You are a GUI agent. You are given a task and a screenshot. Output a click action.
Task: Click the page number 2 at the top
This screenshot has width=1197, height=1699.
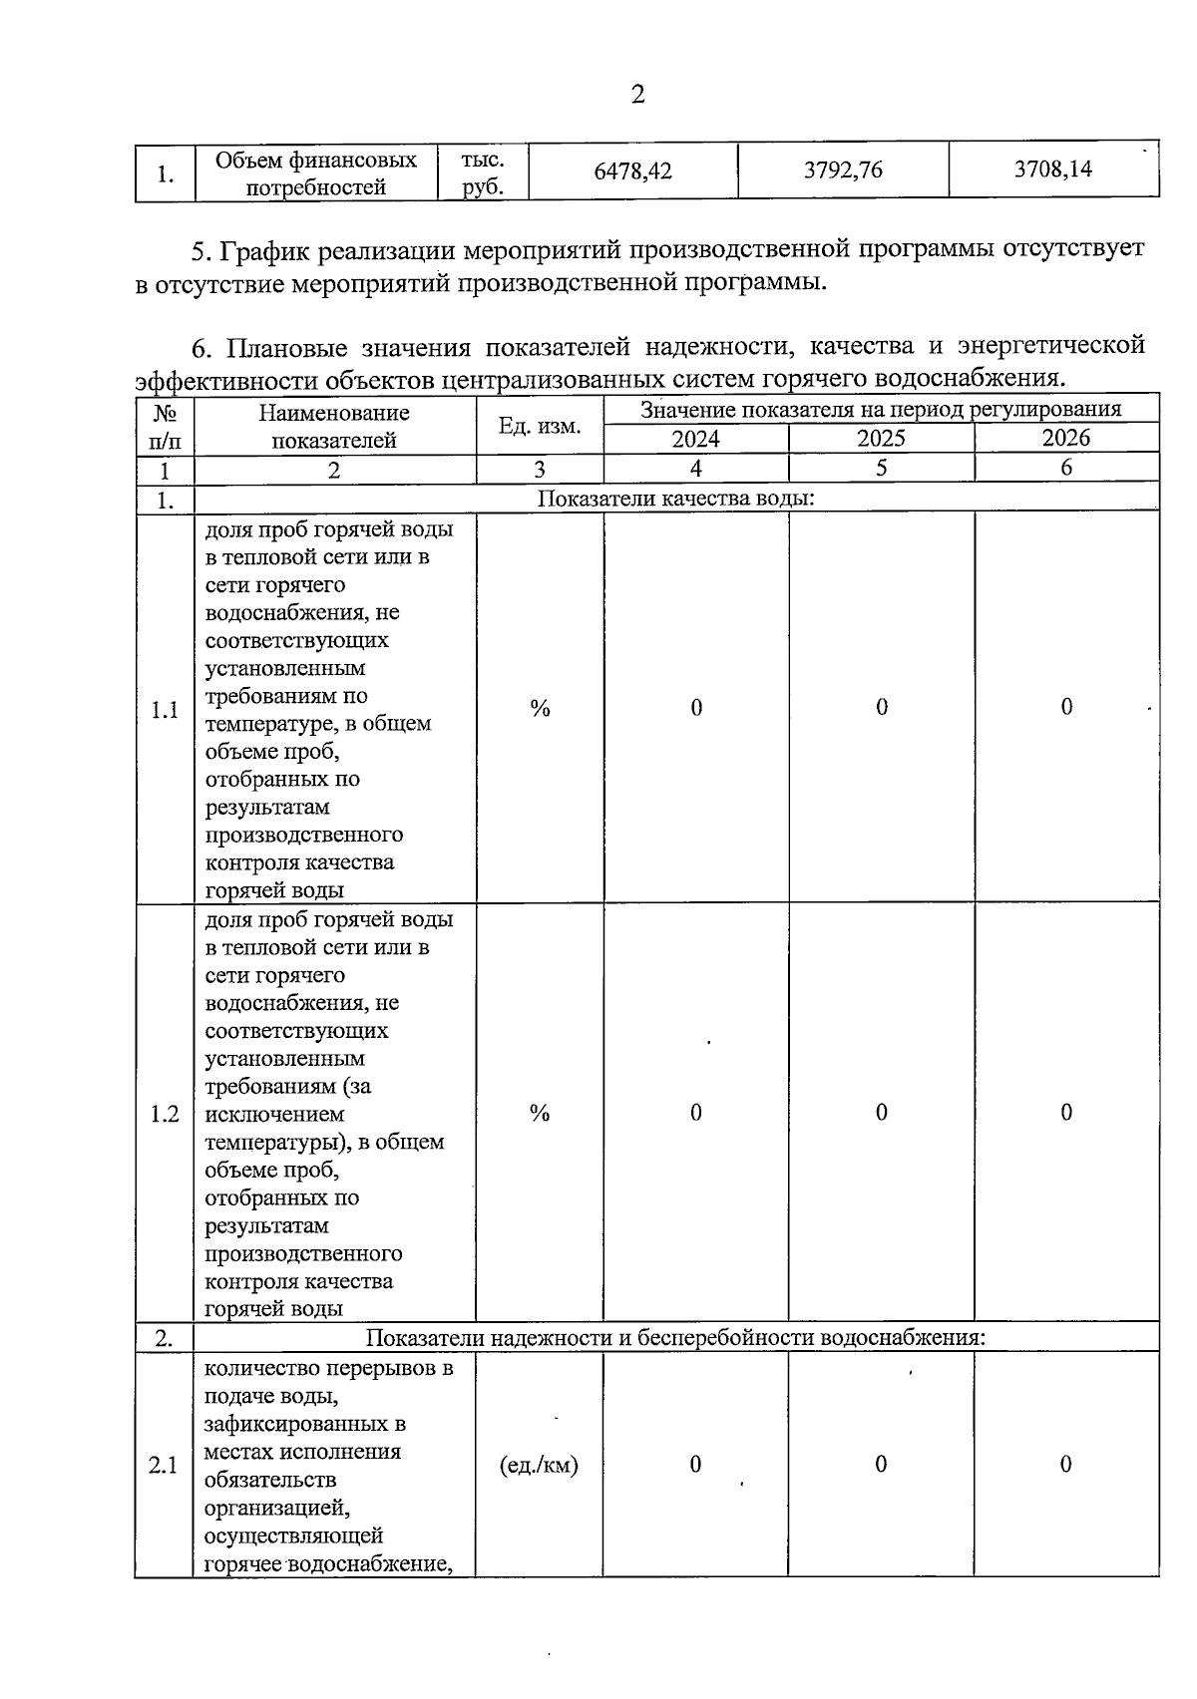click(x=637, y=95)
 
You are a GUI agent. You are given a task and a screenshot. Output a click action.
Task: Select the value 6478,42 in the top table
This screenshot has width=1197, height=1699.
click(x=632, y=170)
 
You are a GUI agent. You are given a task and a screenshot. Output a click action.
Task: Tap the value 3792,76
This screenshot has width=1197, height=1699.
click(x=843, y=170)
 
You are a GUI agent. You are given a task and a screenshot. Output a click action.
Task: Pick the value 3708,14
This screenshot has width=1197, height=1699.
click(x=1052, y=170)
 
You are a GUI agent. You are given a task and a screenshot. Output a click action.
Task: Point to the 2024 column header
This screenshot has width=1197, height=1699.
click(x=695, y=439)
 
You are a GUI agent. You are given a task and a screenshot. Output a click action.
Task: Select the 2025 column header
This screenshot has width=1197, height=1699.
click(x=881, y=439)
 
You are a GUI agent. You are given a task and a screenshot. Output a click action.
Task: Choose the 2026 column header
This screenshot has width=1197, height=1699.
click(x=1065, y=438)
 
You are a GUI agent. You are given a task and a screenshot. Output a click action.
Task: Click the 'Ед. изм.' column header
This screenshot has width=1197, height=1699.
click(x=540, y=426)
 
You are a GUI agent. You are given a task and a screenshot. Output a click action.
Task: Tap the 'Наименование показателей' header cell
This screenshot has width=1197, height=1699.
click(x=334, y=426)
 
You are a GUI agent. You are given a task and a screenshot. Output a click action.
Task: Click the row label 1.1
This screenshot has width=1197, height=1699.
click(x=165, y=710)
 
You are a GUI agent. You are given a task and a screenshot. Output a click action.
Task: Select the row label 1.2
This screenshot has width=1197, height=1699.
click(x=165, y=1114)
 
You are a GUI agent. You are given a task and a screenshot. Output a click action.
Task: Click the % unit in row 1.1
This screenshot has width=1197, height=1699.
click(x=540, y=708)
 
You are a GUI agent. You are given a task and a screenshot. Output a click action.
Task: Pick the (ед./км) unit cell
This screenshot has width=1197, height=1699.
click(x=539, y=1465)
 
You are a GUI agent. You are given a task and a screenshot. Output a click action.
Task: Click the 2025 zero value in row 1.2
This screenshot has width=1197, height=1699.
click(x=881, y=1113)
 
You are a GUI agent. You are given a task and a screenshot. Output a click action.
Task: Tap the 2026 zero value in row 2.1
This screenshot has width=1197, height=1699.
click(x=1065, y=1464)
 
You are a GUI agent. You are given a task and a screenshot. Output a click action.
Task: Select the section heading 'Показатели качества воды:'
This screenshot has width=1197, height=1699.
click(x=675, y=498)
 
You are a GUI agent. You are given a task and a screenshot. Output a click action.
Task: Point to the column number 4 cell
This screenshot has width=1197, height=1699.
click(x=695, y=469)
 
